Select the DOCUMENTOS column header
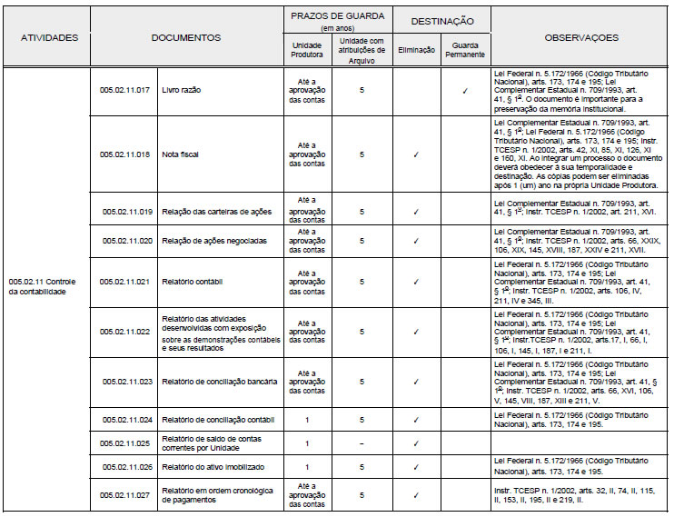(185, 38)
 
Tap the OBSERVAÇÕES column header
(581, 38)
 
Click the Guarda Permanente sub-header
(464, 49)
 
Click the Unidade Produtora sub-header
(306, 49)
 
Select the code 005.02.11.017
(124, 91)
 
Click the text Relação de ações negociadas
(213, 241)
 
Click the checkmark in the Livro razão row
(464, 91)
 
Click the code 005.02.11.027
(124, 495)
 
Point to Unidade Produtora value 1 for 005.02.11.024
(306, 420)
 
